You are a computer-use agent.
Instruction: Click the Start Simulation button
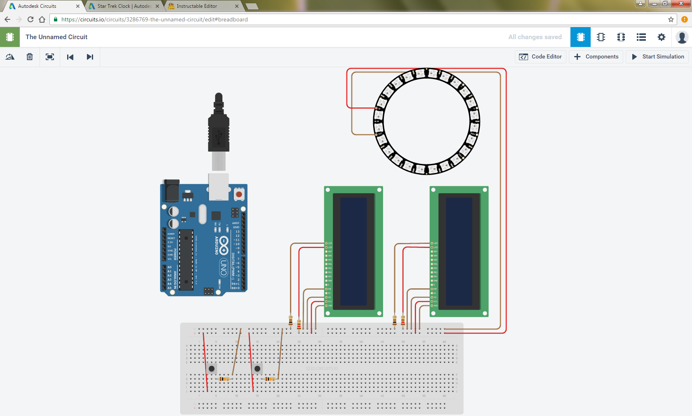click(658, 57)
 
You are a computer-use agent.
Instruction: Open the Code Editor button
click(540, 57)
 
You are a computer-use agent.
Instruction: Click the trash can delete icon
click(30, 57)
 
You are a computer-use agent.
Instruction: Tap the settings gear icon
click(661, 37)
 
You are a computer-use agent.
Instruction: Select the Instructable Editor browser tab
click(197, 6)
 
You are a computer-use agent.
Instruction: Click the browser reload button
click(30, 19)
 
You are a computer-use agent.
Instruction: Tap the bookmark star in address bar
click(671, 19)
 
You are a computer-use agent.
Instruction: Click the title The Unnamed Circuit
click(56, 37)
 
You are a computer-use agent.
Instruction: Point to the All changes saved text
click(535, 37)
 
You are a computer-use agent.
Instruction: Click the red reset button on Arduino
click(239, 194)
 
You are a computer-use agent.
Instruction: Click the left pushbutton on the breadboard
click(212, 368)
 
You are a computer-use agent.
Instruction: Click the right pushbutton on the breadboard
click(257, 368)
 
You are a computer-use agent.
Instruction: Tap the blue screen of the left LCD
click(353, 251)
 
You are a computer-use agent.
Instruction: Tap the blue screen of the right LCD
click(459, 251)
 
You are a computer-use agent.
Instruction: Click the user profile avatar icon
click(682, 37)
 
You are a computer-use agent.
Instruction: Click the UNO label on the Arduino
click(224, 268)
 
